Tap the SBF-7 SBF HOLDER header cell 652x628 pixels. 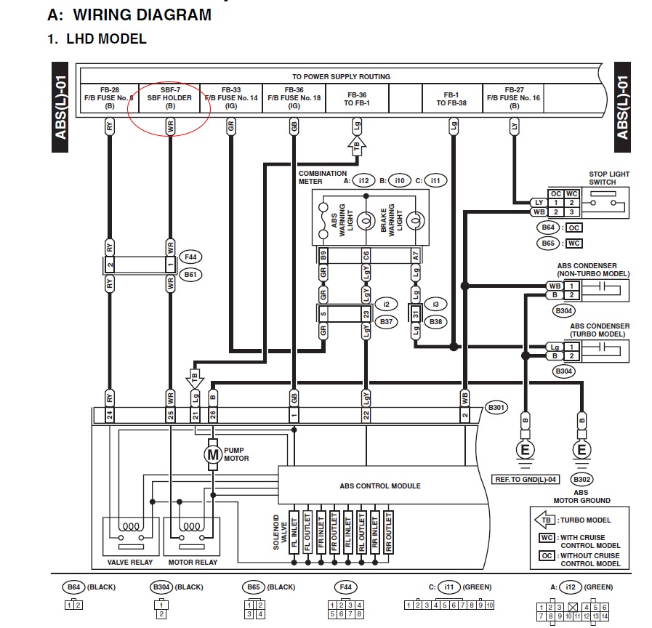coord(170,98)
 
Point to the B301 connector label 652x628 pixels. coord(496,408)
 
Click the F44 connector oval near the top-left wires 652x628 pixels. coord(190,257)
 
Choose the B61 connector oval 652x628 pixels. coord(190,275)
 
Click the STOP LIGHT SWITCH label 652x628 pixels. coord(609,178)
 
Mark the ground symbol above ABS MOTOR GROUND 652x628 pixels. coord(581,451)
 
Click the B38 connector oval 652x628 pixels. coord(436,321)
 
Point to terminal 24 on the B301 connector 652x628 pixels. coord(110,415)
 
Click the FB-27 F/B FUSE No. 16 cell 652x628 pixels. coord(514,98)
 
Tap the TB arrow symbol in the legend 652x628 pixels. coord(545,520)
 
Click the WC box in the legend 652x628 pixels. coord(547,538)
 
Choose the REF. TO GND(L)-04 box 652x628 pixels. coord(525,479)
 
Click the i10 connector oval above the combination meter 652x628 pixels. coord(400,180)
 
